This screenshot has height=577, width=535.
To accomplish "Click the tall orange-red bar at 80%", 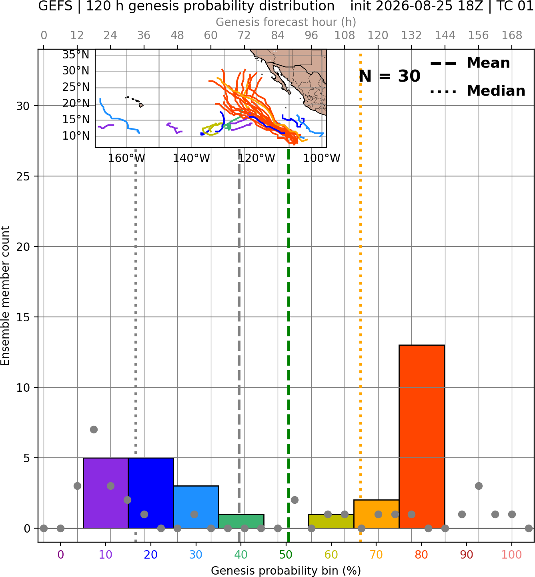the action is point(422,437).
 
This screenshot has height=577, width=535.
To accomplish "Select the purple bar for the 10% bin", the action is point(106,493).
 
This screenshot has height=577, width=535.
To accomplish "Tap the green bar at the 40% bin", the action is point(241,521).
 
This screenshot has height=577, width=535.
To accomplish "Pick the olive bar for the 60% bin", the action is point(331,521).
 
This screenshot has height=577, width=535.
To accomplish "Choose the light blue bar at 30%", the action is point(196,507).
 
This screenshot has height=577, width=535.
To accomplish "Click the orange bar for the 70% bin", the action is point(376,514).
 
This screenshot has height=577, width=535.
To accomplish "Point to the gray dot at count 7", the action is point(94,429).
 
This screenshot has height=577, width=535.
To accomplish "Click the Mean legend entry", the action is point(470,63).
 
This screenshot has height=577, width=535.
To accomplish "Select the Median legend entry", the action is point(477,91).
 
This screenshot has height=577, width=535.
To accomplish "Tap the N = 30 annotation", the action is point(389,76).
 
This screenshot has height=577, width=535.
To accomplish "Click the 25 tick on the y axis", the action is point(23,176).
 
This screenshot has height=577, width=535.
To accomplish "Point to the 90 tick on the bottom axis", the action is point(467,555).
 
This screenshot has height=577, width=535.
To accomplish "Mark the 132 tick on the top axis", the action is point(411,36).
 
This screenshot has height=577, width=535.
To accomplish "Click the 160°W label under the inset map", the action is point(126,158).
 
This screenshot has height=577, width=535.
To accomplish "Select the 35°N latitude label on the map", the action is point(76,55).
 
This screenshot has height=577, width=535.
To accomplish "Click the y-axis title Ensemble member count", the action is point(5,296).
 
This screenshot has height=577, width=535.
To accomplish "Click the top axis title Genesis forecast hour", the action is point(286,22).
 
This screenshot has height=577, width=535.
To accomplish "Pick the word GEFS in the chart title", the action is point(55,6).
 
